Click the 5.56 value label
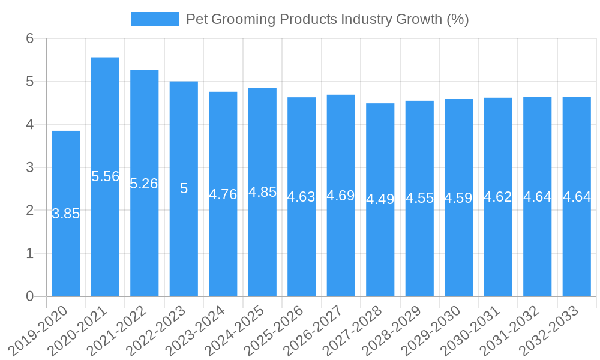tap(105, 176)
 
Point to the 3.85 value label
tap(65, 214)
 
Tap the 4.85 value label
tap(262, 192)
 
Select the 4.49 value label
tap(380, 199)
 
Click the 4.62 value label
tap(498, 197)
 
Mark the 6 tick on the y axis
tap(31, 38)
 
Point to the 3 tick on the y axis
tap(31, 167)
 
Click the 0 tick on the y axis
tap(31, 296)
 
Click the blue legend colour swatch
tap(155, 19)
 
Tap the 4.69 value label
tap(341, 196)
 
